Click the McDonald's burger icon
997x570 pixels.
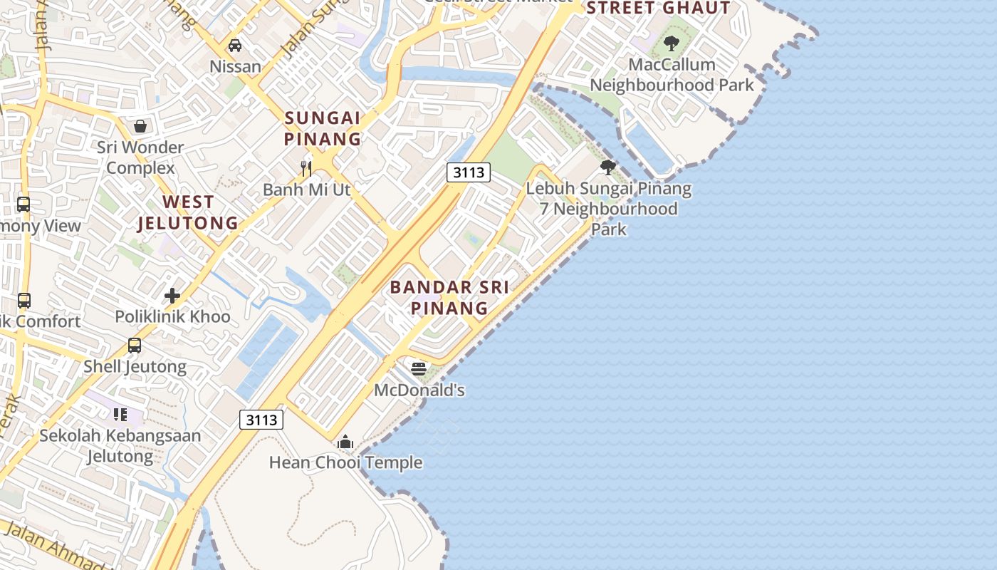(x=419, y=369)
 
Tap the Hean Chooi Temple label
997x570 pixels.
(x=345, y=463)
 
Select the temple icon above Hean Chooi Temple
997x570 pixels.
(x=345, y=442)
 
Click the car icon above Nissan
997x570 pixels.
(x=234, y=46)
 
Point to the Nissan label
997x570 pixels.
(x=235, y=67)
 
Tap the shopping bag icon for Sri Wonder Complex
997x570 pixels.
(x=140, y=126)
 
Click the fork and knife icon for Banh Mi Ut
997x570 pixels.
(x=306, y=169)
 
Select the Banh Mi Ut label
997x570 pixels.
(x=306, y=190)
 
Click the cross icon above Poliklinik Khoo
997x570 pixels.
(x=172, y=295)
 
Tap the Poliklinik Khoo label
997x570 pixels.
(x=173, y=317)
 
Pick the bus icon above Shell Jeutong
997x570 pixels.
(x=135, y=346)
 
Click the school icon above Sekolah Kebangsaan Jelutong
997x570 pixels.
(x=120, y=414)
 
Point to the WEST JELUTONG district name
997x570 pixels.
(x=188, y=212)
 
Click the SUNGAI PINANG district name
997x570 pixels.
(x=323, y=128)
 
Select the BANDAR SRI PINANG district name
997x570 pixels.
(x=449, y=298)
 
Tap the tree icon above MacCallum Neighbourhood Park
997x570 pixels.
(x=671, y=43)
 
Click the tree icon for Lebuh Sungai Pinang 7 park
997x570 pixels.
(x=607, y=167)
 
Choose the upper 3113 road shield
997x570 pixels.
(x=469, y=172)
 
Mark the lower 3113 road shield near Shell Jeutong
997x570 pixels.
(x=261, y=420)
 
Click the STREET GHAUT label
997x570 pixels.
(x=658, y=8)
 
